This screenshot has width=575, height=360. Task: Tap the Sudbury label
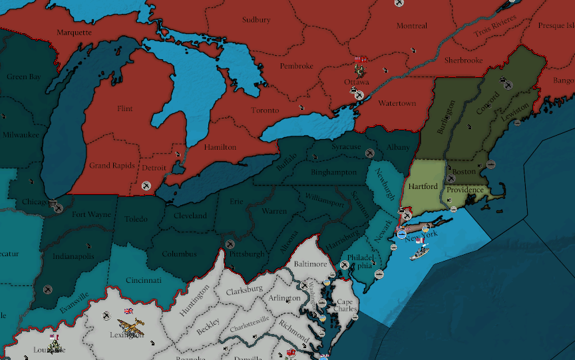pyautogui.click(x=256, y=20)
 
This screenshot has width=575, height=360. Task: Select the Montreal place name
pyautogui.click(x=411, y=26)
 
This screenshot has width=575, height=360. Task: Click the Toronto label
pyautogui.click(x=265, y=110)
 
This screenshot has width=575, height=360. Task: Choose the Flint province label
pyautogui.click(x=124, y=108)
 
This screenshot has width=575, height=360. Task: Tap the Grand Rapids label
pyautogui.click(x=112, y=165)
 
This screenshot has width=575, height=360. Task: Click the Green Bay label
pyautogui.click(x=23, y=77)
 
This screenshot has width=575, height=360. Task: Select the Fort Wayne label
pyautogui.click(x=91, y=214)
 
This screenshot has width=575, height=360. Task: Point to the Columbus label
pyautogui.click(x=179, y=254)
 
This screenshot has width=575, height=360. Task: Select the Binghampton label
pyautogui.click(x=333, y=172)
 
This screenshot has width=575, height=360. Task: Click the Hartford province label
pyautogui.click(x=423, y=186)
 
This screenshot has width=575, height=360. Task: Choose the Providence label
pyautogui.click(x=465, y=190)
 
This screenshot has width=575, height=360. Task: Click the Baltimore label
pyautogui.click(x=311, y=264)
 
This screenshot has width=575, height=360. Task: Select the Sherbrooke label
pyautogui.click(x=463, y=61)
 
